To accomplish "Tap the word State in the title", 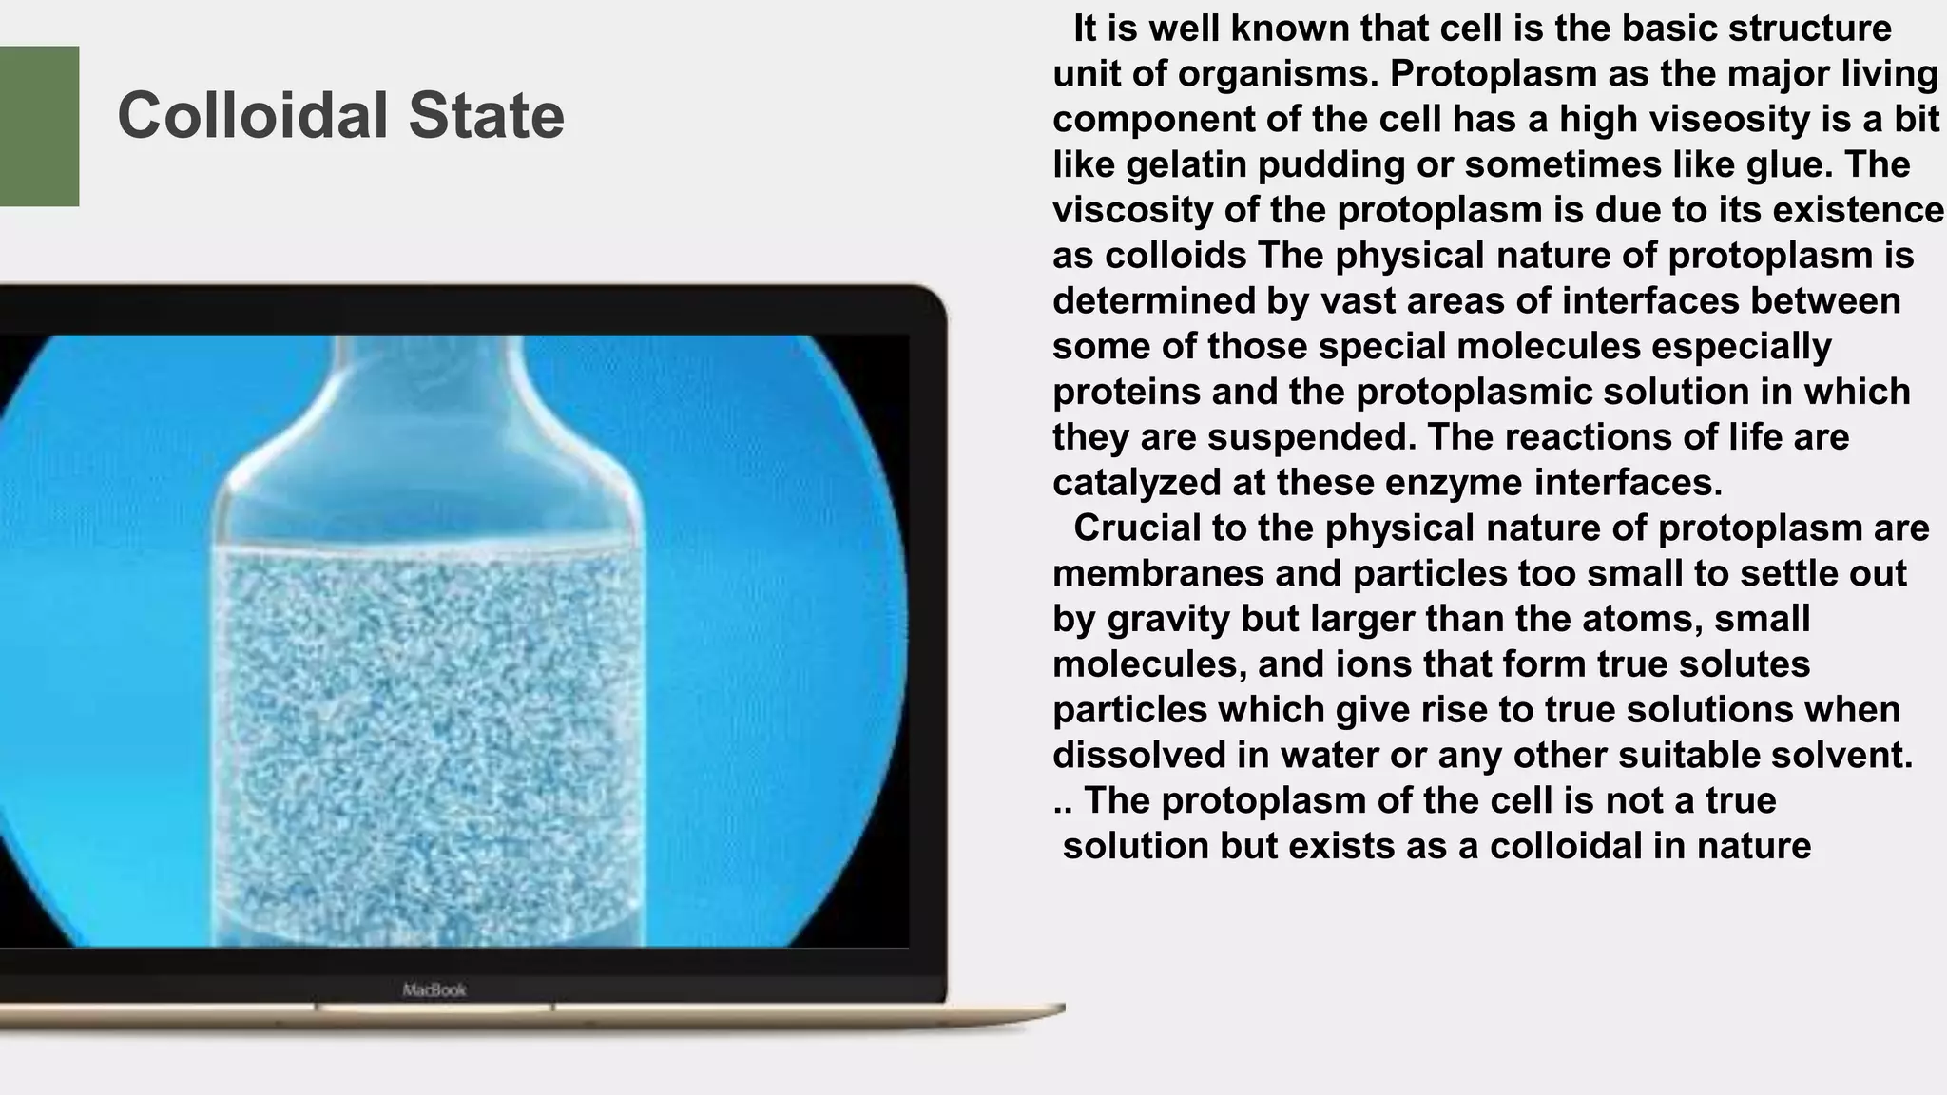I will pos(486,116).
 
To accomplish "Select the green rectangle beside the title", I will pos(38,125).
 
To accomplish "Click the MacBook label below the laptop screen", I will pos(434,990).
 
